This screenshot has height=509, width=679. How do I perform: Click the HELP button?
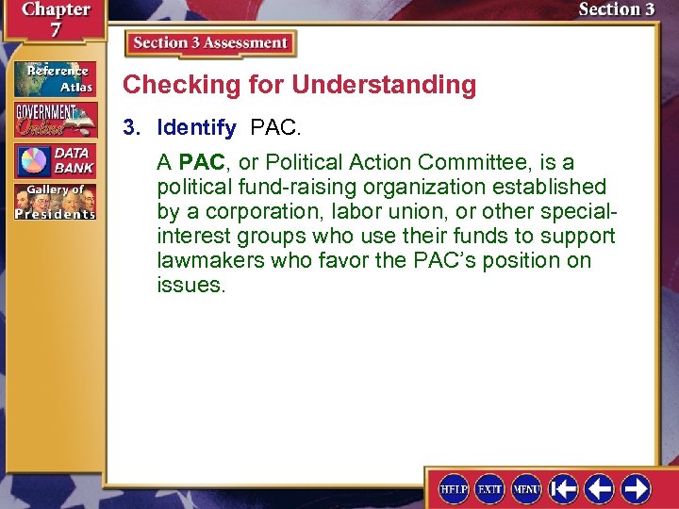coord(455,489)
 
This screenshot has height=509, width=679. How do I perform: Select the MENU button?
coord(525,489)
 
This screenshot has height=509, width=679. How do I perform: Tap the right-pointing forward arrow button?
coord(636,489)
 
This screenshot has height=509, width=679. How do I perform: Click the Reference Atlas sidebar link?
coord(54,78)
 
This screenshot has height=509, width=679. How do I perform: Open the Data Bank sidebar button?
coord(54,161)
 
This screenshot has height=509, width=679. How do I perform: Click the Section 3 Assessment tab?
coord(210,43)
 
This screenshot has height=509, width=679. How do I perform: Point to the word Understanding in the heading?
coord(384,85)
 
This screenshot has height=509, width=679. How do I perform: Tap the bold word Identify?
coord(196,127)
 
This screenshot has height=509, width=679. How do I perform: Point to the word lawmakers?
coord(210,260)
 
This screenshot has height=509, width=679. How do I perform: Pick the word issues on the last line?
coord(190,285)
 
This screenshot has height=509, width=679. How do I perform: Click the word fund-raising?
coord(290,187)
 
